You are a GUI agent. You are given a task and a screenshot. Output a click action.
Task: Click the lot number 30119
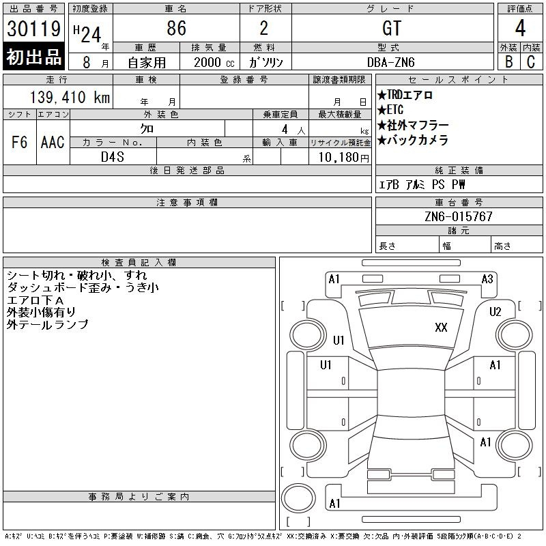[34, 29]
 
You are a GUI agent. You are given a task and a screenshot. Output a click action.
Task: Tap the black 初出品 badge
[34, 57]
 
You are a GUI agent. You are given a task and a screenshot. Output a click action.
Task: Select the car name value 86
[176, 28]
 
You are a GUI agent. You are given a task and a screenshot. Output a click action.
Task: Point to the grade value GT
[392, 28]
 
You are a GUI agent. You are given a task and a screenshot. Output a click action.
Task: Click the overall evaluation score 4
[520, 29]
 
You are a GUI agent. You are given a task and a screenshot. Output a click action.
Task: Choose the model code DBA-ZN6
[392, 61]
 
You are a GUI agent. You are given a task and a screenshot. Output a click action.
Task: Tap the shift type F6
[20, 143]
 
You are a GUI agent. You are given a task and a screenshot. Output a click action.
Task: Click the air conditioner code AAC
[53, 143]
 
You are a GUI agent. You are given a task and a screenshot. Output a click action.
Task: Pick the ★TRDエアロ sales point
[405, 96]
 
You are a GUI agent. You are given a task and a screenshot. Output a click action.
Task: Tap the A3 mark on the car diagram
[487, 278]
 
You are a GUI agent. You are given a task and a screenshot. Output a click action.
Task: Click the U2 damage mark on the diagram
[495, 312]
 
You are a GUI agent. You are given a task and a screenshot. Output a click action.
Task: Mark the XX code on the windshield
[441, 328]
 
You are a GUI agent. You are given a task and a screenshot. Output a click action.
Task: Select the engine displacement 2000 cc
[213, 61]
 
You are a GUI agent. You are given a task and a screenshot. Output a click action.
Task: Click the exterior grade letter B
[508, 61]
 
